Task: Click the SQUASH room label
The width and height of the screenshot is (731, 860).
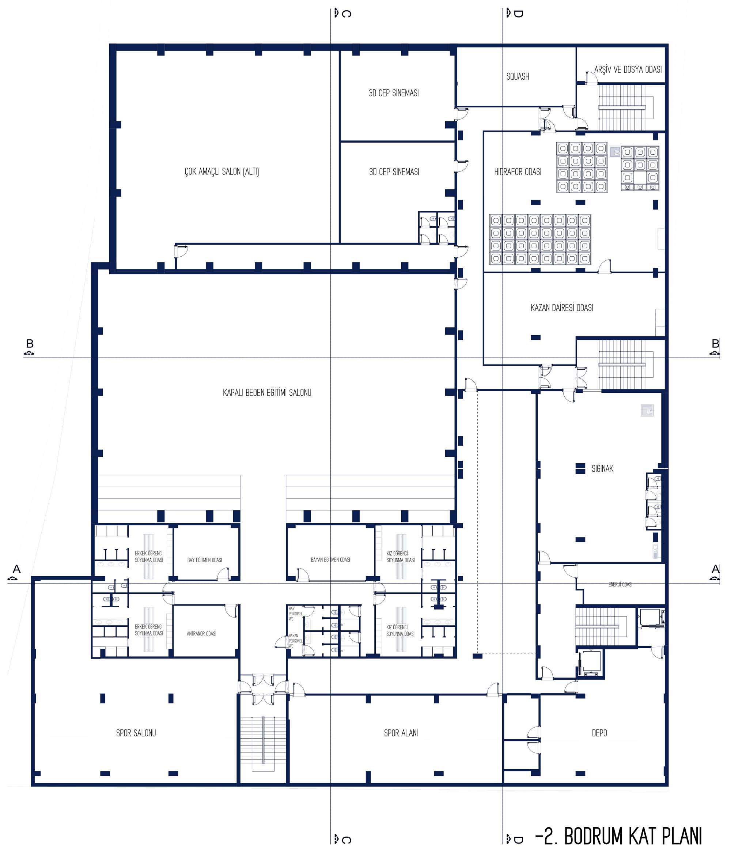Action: (518, 76)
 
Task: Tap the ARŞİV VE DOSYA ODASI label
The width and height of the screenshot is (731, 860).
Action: (628, 69)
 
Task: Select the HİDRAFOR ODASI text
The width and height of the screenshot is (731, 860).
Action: (518, 171)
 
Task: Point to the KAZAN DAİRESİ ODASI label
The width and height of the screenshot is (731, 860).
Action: (561, 308)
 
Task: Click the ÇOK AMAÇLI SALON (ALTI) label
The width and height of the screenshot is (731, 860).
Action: (222, 171)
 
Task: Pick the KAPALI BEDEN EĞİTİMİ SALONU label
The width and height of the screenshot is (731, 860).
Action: (267, 392)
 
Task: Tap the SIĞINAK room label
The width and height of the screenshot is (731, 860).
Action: (602, 468)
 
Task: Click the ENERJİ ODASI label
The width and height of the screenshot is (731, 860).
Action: (620, 584)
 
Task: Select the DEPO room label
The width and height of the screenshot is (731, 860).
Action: (599, 733)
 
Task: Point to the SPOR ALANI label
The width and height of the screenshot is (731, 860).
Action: (401, 733)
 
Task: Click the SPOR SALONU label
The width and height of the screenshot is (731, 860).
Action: (136, 733)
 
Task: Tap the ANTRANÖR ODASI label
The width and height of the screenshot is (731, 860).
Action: (201, 634)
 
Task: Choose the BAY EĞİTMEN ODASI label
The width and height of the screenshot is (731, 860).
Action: (204, 560)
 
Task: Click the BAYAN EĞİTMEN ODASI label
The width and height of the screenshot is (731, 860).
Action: (330, 559)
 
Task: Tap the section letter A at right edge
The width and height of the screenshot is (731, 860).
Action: (715, 569)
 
